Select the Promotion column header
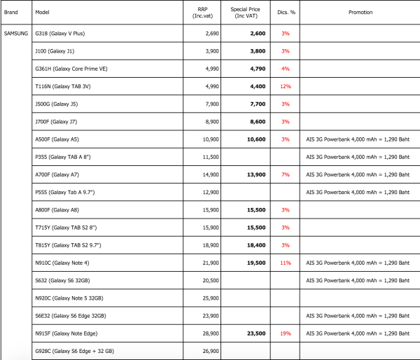(360, 12)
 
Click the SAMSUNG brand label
(16, 33)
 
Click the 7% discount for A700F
(286, 174)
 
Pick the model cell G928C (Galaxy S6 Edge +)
(74, 351)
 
